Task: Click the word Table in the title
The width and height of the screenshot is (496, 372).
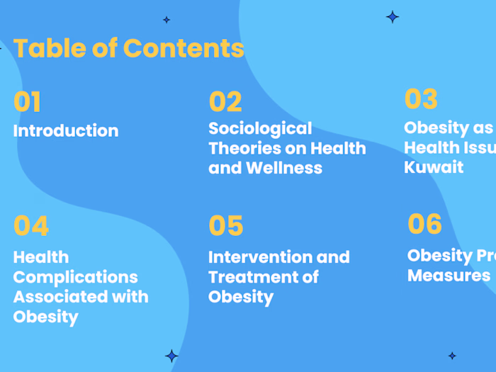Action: [x=41, y=48]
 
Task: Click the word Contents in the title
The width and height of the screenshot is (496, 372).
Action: [x=184, y=48]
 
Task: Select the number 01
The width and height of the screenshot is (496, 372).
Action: [x=27, y=103]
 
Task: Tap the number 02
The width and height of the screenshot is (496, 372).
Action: [x=225, y=103]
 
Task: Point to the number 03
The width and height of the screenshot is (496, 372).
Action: [x=421, y=99]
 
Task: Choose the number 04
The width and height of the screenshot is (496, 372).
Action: [x=31, y=226]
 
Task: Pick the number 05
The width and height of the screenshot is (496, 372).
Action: [x=226, y=226]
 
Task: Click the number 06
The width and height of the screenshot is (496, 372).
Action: [x=424, y=224]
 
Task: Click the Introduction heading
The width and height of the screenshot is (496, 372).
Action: [x=66, y=131]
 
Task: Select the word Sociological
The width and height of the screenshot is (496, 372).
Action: [x=260, y=128]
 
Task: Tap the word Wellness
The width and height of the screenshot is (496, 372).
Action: [x=284, y=168]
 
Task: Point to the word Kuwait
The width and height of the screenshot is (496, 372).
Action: [x=434, y=167]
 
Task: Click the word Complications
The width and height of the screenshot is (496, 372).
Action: [x=75, y=277]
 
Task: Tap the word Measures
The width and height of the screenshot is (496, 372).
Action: [x=449, y=275]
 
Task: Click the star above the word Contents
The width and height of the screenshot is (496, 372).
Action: [x=167, y=20]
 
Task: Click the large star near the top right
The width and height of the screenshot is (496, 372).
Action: [x=393, y=16]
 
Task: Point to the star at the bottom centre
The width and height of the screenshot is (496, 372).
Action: [x=171, y=356]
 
